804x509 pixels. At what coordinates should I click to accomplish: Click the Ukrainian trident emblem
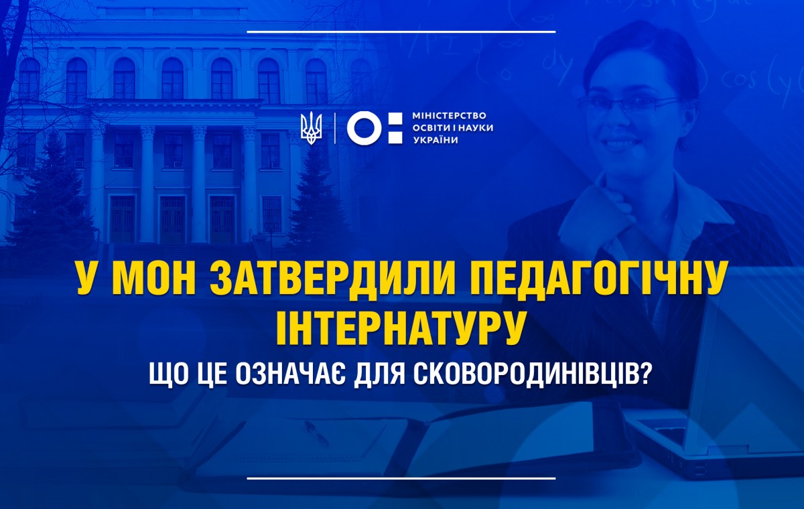[x=311, y=128]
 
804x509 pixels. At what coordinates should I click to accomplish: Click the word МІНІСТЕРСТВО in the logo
[x=450, y=116]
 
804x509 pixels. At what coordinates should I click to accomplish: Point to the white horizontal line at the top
[x=401, y=31]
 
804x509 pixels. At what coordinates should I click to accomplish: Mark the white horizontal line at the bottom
[x=401, y=478]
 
